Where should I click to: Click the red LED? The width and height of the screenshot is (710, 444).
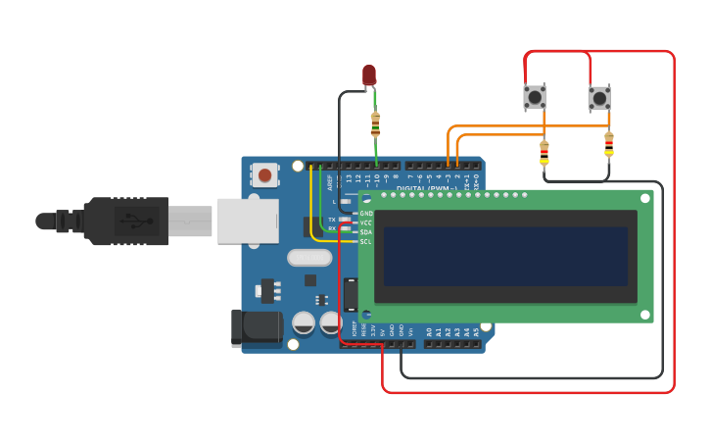pos(369,74)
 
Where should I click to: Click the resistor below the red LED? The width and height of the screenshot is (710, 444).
pos(375,123)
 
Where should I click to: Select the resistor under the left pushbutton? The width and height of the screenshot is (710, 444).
pos(544,152)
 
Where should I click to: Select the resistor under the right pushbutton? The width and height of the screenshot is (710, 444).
pos(609,144)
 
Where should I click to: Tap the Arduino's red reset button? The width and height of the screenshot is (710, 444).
pos(263,175)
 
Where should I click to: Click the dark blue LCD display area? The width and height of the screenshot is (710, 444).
pos(505,256)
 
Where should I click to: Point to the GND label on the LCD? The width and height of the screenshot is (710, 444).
pos(366,213)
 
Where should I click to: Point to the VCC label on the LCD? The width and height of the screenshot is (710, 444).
pos(366,222)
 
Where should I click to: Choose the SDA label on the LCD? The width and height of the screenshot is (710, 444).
pos(366,232)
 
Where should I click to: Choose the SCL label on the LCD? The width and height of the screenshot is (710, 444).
pos(366,241)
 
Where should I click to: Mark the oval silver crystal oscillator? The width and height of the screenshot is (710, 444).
pos(309,258)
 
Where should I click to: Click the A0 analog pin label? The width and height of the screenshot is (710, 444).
pos(429,332)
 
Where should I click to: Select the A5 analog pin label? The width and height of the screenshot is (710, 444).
pos(477,332)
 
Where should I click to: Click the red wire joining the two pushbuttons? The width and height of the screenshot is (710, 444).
pos(557,52)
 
